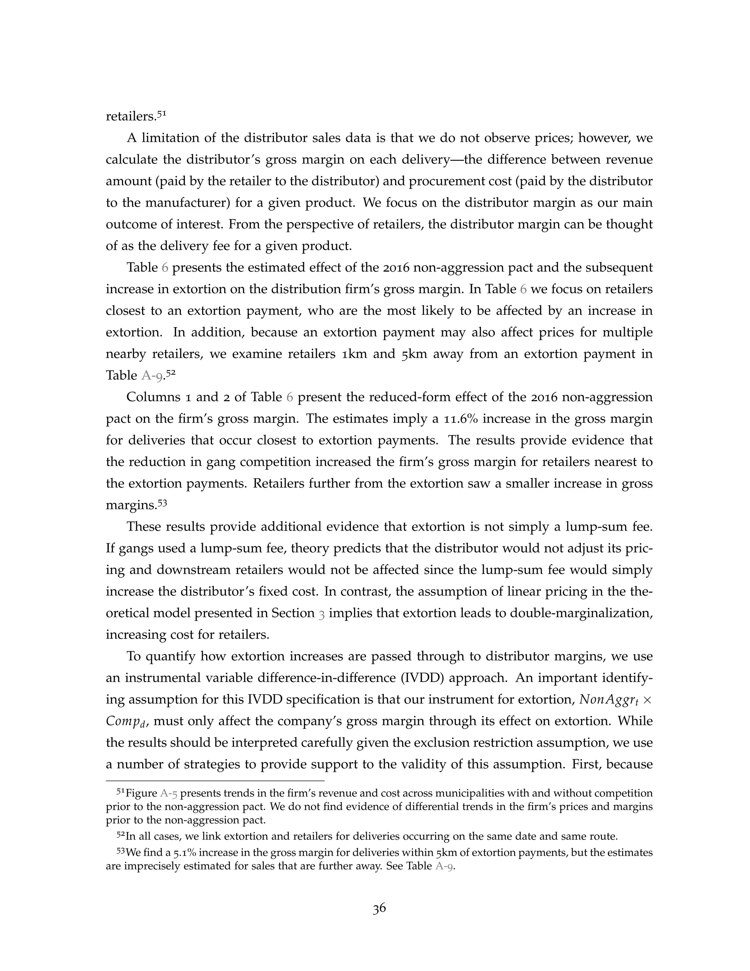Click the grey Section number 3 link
click(x=322, y=613)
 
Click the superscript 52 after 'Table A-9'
click(x=171, y=373)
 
